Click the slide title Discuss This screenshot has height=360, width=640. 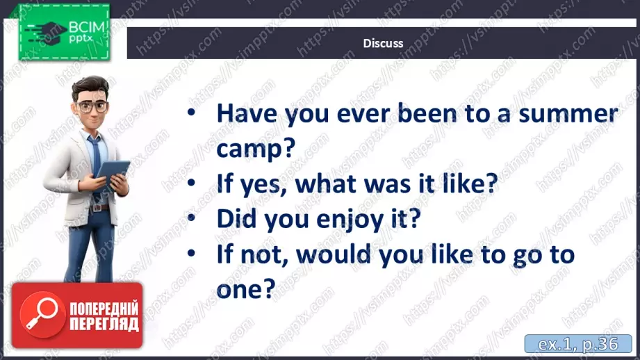383,43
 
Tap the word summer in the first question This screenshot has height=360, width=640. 568,114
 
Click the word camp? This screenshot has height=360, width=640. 256,149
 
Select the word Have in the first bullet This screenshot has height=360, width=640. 247,113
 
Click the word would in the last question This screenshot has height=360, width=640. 334,254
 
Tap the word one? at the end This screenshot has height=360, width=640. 246,289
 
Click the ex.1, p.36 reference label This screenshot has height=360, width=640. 578,344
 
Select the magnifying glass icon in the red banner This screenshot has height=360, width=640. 41,313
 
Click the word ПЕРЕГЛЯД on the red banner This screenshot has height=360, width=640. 104,325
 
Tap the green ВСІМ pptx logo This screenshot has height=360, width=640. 64,32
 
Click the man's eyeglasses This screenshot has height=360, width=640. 92,107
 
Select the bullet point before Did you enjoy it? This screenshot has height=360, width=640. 191,218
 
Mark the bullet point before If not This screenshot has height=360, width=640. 191,254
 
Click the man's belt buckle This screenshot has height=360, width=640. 97,208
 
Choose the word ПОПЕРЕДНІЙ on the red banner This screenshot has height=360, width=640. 104,309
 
